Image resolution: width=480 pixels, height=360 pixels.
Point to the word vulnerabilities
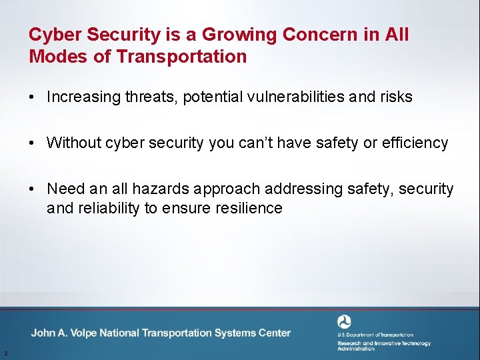point(287,97)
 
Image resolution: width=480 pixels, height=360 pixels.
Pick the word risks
point(395,97)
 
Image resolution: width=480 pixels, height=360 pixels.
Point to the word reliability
point(107,208)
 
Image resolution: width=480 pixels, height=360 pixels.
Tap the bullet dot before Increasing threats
point(32,97)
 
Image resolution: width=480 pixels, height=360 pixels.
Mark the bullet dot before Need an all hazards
point(32,189)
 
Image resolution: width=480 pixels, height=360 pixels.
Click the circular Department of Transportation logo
point(344,321)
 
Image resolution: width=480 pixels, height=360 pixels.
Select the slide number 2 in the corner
point(5,353)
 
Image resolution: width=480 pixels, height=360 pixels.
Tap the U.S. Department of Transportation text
point(375,335)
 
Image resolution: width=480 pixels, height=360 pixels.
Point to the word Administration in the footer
point(356,349)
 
